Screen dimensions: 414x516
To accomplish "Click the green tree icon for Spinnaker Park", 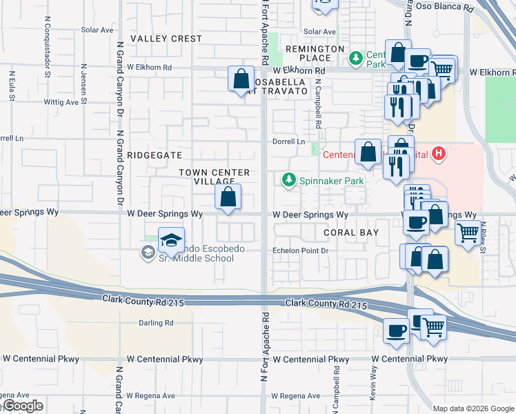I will point(288,180).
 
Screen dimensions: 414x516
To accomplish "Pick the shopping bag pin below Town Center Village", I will point(228,197).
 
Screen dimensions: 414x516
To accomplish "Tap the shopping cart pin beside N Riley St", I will point(468,234).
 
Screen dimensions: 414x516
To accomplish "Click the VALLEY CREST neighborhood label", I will point(166,39).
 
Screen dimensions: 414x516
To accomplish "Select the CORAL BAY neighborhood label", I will point(351,233).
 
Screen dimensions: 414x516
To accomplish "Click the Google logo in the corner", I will point(22,406).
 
